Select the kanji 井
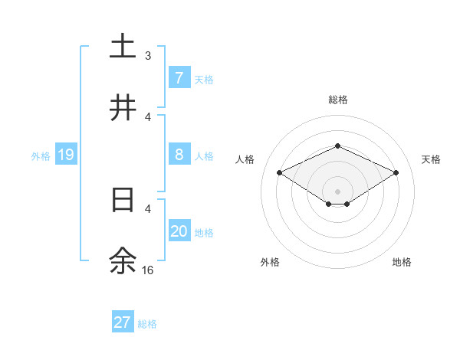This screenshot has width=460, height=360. point(123,109)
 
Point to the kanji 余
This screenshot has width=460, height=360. point(123,261)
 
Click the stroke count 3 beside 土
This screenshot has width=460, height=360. point(148,56)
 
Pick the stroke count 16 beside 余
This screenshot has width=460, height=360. point(148,270)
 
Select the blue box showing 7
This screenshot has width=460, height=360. point(179,77)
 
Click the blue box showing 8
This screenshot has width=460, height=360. point(179,155)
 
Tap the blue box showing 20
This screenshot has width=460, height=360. point(179,231)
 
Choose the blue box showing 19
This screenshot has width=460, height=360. point(66,155)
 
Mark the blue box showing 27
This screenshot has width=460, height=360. point(123,322)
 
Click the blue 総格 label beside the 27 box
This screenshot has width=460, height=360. point(147,324)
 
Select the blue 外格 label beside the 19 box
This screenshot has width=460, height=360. point(41,155)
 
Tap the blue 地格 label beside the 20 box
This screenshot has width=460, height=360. point(204,232)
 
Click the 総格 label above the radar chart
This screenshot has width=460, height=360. point(337,100)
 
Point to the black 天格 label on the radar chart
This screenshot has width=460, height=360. point(431,159)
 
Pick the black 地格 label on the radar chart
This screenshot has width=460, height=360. point(402,262)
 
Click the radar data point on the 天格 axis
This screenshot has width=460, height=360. point(396,172)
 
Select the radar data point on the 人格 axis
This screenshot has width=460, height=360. point(280,172)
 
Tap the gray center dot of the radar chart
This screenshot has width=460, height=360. point(337,191)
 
